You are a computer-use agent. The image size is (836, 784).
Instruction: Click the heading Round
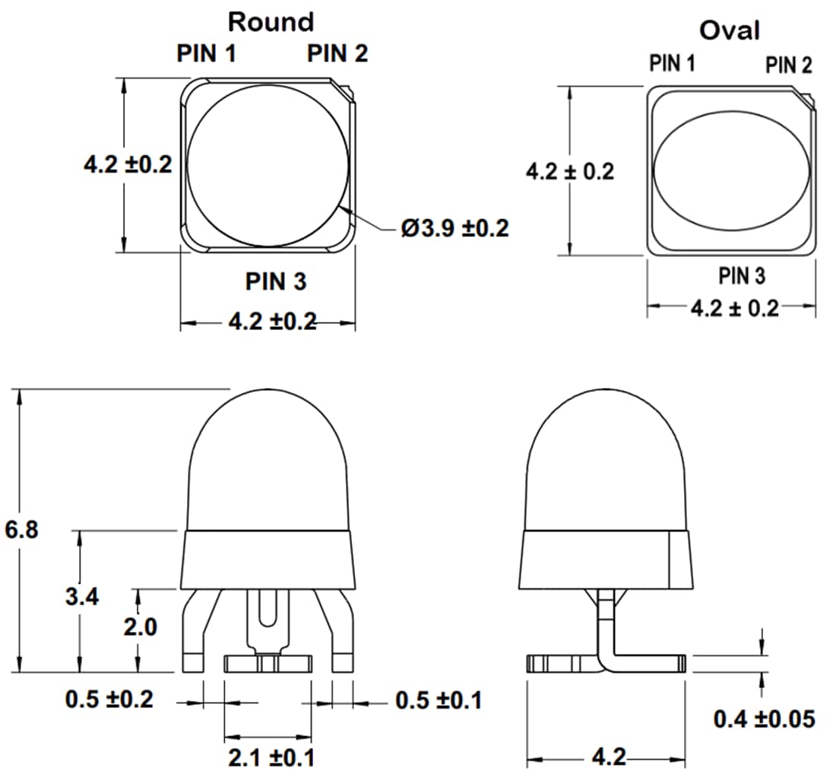pyautogui.click(x=271, y=22)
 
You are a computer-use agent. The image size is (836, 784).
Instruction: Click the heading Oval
pyautogui.click(x=730, y=30)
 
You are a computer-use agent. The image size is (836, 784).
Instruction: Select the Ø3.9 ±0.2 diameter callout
pyautogui.click(x=454, y=227)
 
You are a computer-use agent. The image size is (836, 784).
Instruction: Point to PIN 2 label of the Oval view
pyautogui.click(x=788, y=65)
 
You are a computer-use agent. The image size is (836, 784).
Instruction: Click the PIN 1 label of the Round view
pyautogui.click(x=206, y=54)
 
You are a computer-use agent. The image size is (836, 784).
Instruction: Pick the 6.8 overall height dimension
pyautogui.click(x=21, y=529)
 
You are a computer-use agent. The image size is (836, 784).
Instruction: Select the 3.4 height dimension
pyautogui.click(x=81, y=597)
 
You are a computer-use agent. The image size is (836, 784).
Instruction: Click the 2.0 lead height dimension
pyautogui.click(x=140, y=627)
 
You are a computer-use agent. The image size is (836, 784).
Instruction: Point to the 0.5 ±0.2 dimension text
pyautogui.click(x=109, y=700)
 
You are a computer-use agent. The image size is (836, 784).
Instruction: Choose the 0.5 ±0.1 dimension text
pyautogui.click(x=439, y=700)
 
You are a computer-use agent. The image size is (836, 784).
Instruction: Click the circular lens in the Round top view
pyautogui.click(x=268, y=165)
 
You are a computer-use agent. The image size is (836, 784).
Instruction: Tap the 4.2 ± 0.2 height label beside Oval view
pyautogui.click(x=569, y=171)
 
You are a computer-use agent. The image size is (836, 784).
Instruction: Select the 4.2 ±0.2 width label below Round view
pyautogui.click(x=272, y=322)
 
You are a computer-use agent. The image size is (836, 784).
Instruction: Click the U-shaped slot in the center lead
pyautogui.click(x=267, y=608)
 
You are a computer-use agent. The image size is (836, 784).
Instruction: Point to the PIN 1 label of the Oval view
pyautogui.click(x=672, y=63)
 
